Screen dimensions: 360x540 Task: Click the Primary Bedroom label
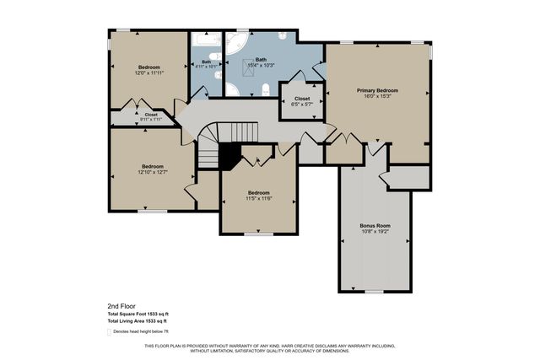coord(377,89)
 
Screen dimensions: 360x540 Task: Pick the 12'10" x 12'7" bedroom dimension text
coord(152,172)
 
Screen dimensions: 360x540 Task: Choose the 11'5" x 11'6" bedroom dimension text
coord(258,197)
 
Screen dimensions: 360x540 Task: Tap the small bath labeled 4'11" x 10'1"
coord(206,65)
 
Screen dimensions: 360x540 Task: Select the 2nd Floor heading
coord(121,306)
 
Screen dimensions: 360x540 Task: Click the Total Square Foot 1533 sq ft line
coord(138,314)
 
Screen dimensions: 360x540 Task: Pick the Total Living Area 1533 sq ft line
coord(137,321)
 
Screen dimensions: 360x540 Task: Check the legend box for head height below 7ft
coord(110,332)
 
